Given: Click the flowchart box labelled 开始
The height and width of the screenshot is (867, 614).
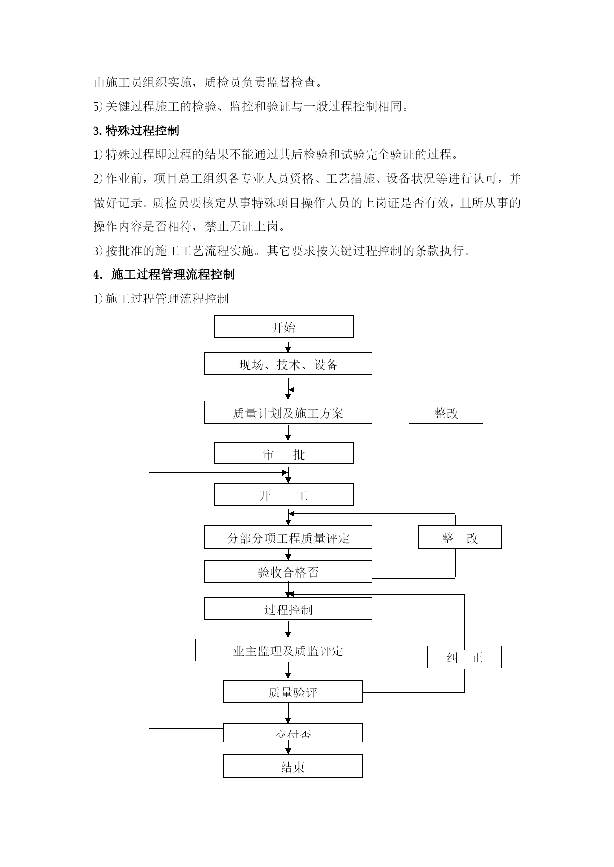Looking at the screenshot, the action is [x=283, y=327].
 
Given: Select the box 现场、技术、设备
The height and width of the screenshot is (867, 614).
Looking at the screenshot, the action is [x=288, y=364].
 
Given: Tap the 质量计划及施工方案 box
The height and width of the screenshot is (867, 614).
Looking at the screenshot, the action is [x=288, y=412].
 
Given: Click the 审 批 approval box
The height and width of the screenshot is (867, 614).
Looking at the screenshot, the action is [x=283, y=453].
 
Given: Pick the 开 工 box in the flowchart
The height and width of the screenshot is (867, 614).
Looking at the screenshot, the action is [x=283, y=495].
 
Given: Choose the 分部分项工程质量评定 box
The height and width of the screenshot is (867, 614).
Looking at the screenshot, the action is [x=288, y=537].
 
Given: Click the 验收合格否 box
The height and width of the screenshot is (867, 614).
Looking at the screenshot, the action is [x=288, y=572].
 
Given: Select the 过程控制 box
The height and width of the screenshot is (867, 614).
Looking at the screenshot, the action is [x=288, y=609].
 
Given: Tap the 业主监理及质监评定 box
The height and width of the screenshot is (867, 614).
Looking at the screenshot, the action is [x=288, y=650].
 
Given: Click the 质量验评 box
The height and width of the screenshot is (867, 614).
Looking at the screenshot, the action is [x=293, y=692].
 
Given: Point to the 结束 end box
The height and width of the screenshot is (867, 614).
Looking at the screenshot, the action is [x=293, y=766].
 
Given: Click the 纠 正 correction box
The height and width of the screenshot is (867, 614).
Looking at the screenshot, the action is [x=465, y=657].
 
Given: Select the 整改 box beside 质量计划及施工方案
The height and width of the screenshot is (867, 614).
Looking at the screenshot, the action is [x=446, y=412].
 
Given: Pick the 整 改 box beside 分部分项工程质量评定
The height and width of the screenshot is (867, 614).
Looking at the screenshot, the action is [x=460, y=537].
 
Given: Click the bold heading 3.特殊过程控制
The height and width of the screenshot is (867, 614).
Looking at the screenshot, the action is [x=136, y=130].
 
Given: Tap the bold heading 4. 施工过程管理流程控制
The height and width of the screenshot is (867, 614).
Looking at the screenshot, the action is [x=164, y=274].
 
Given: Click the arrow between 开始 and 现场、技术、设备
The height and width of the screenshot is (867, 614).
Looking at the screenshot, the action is [x=288, y=345].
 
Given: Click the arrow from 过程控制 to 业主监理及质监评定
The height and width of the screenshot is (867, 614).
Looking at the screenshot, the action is [x=288, y=629].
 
